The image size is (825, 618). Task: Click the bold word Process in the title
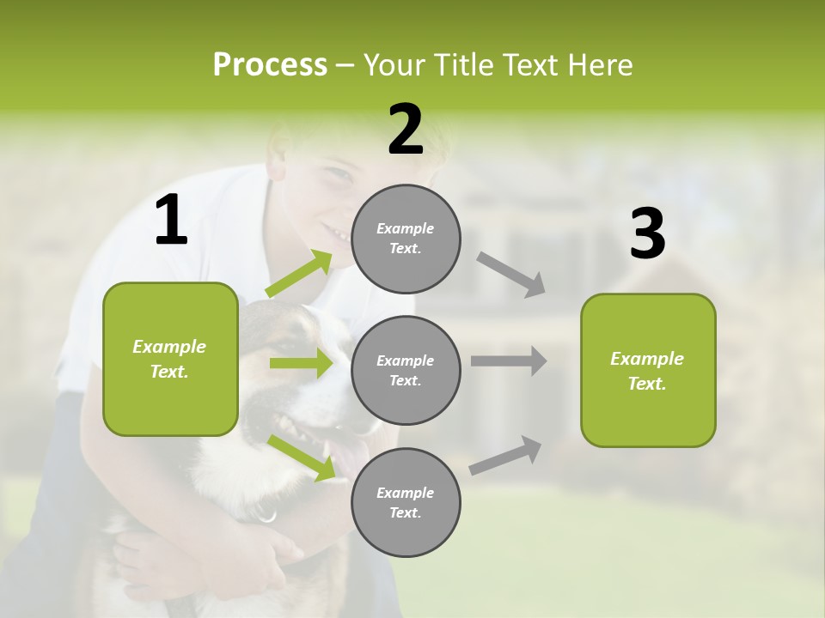[270, 65]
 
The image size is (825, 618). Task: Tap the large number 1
[171, 221]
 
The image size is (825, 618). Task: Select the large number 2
[406, 130]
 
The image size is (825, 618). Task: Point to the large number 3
[647, 233]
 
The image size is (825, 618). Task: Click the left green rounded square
[170, 359]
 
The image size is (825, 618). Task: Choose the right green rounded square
[648, 370]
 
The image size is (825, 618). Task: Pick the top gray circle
[406, 239]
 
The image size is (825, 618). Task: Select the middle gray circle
[406, 370]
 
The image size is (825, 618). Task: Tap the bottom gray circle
[406, 502]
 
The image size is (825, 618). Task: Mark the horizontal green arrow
[300, 363]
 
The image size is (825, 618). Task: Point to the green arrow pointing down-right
[301, 457]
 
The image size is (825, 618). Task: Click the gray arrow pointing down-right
[511, 275]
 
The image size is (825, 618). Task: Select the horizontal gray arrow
[508, 360]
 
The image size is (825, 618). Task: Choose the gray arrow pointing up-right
[505, 456]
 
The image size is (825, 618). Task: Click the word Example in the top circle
[405, 228]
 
